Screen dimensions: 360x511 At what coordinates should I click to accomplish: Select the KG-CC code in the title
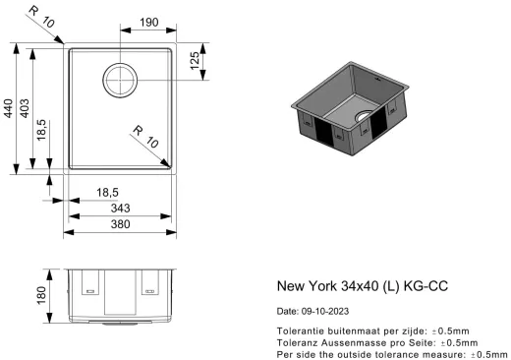[x=431, y=287]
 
